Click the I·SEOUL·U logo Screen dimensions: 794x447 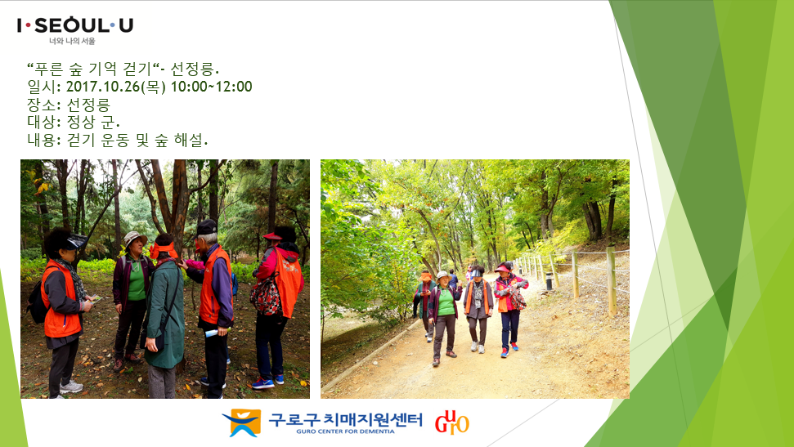pos(75,25)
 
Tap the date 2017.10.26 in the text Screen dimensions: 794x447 pos(103,87)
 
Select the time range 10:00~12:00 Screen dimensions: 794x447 pos(211,87)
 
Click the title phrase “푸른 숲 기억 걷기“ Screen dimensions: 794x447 pos(93,69)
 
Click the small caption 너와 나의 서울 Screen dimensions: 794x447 pos(72,41)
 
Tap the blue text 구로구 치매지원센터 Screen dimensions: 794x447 pos(345,420)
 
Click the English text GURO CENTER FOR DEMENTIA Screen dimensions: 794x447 pos(345,431)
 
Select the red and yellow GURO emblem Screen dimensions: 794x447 pos(451,422)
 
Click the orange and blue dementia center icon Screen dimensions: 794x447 pos(242,422)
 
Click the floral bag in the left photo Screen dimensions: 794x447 pos(265,296)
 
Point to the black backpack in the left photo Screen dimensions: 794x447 pos(37,304)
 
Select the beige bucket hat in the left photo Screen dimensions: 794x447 pos(135,238)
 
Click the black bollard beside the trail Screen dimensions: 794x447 pos(549,281)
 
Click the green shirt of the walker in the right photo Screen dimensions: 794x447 pos(446,302)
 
